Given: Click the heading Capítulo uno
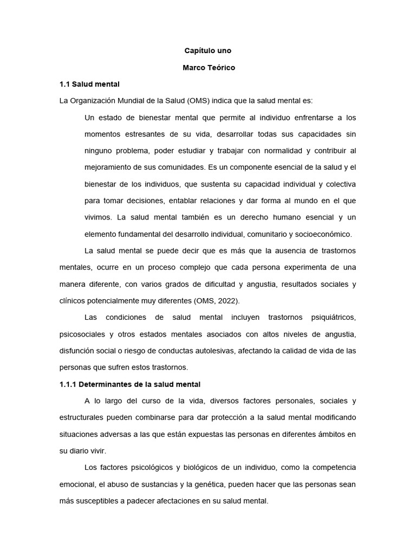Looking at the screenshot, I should pos(208,51).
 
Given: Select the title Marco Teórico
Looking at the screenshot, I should pos(208,68).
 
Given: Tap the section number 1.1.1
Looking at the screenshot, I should pos(68,384).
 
